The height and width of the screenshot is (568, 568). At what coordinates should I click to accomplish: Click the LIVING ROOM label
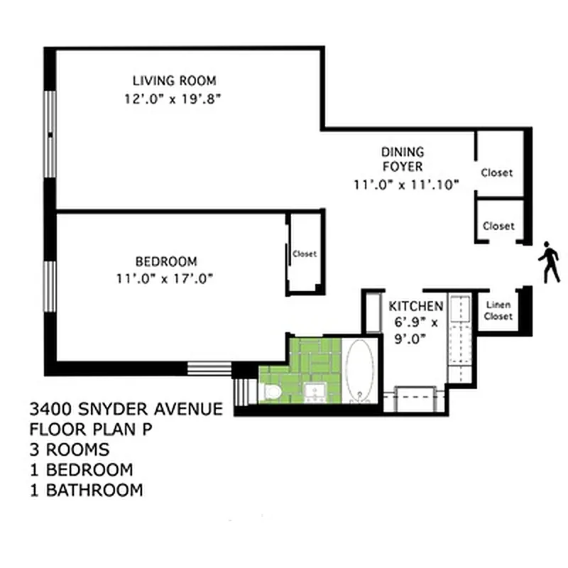(x=174, y=80)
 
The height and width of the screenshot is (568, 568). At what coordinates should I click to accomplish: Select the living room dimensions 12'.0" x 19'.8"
(x=174, y=99)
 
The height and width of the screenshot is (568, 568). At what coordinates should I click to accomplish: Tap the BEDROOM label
(x=166, y=261)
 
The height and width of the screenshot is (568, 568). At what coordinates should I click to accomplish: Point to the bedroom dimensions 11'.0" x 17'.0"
(x=166, y=278)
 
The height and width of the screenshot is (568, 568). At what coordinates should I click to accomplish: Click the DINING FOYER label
(x=403, y=159)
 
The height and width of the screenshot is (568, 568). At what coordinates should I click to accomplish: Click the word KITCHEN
(x=416, y=306)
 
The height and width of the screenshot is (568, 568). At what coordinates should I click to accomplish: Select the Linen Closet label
(x=498, y=311)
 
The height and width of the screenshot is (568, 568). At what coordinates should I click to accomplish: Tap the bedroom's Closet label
(x=305, y=253)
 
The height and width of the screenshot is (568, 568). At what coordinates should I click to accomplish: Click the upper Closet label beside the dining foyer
(x=497, y=173)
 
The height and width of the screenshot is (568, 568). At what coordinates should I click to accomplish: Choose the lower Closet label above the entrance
(x=498, y=226)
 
